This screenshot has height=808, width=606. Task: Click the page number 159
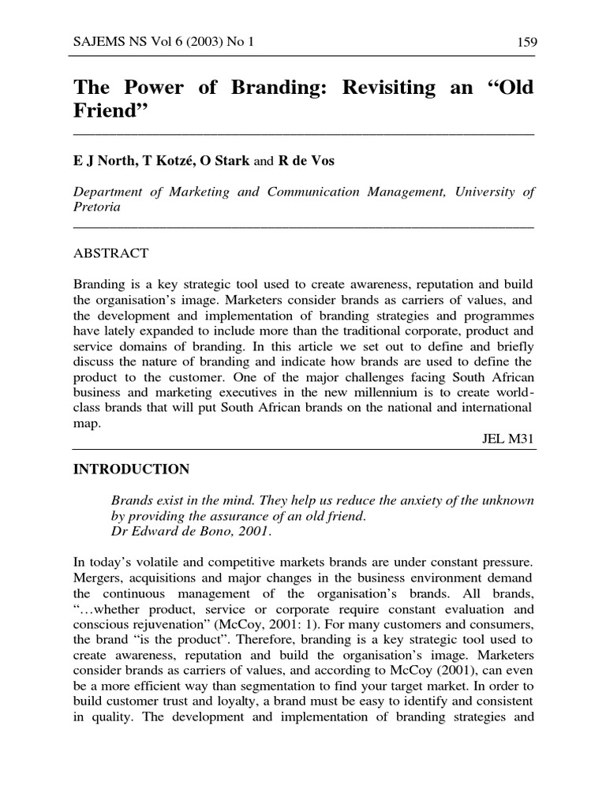tap(522, 43)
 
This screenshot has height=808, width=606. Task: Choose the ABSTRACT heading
tap(110, 254)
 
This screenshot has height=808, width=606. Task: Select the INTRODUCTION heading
tap(131, 469)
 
